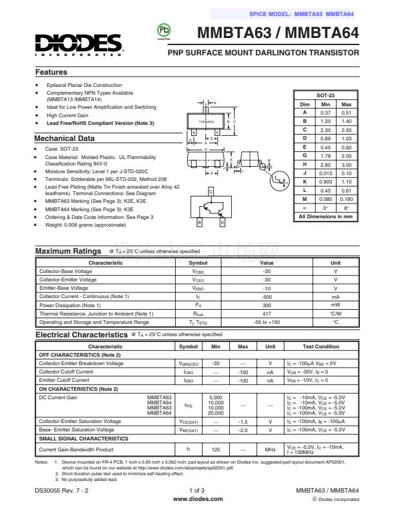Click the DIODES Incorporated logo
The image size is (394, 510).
tap(79, 44)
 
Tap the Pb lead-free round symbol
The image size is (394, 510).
tap(162, 31)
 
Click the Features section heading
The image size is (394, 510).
tap(51, 72)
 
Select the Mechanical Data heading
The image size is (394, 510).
tap(64, 138)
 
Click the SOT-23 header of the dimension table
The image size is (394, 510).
tap(326, 95)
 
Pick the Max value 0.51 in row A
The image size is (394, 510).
tap(346, 112)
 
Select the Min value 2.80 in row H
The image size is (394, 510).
tap(326, 165)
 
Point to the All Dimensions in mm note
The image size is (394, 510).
tap(326, 216)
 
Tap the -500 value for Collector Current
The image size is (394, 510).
tap(267, 297)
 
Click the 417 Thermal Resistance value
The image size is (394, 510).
tap(267, 314)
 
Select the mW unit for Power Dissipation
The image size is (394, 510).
tap(335, 305)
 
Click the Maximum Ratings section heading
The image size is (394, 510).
tap(68, 250)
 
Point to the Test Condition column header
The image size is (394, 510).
tap(321, 346)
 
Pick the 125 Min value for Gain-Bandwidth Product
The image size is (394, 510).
tap(216, 449)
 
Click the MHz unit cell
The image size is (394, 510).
tap(270, 449)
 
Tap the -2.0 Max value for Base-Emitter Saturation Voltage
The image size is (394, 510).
tap(243, 430)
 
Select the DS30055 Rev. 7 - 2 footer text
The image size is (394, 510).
tap(62, 491)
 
